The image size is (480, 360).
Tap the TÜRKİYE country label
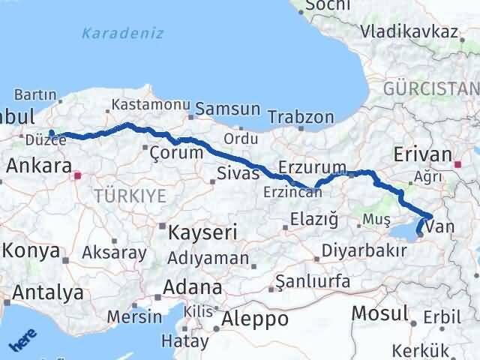click(x=130, y=196)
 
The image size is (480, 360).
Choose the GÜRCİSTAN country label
click(x=430, y=89)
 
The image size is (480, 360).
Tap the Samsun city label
click(x=227, y=109)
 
